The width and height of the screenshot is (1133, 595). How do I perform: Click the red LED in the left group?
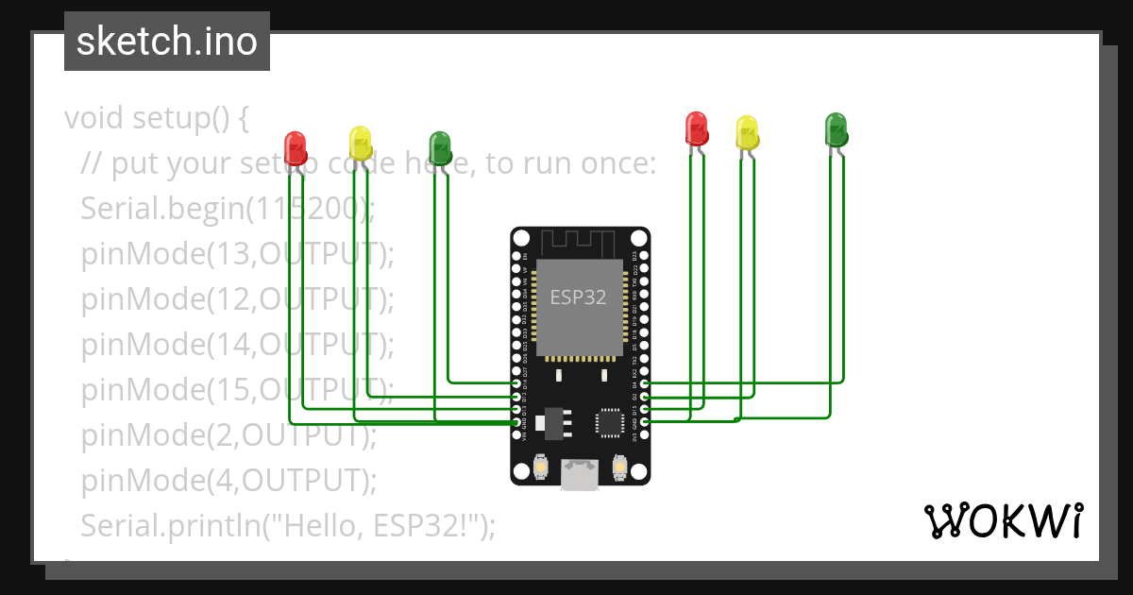pos(296,147)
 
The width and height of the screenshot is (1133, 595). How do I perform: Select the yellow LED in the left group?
pos(361,143)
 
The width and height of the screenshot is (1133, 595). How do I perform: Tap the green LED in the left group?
pos(440,147)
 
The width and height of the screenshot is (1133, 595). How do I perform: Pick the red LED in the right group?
pos(697,128)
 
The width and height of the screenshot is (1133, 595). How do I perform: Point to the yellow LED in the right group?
pos(747,132)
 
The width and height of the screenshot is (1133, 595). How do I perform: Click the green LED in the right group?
pos(837,128)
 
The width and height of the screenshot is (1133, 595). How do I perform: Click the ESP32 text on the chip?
pos(578,297)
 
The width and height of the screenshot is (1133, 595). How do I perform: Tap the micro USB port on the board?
pos(580,474)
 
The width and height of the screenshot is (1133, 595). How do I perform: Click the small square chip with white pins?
pos(609,422)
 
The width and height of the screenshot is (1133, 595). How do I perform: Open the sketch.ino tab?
pos(167,42)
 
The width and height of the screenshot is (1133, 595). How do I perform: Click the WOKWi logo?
pos(1003,520)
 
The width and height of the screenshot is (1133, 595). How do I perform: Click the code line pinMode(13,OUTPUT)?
pos(237,253)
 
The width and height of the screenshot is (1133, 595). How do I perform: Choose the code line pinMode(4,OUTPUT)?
pos(228,480)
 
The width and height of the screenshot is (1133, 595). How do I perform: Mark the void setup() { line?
pos(157,118)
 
